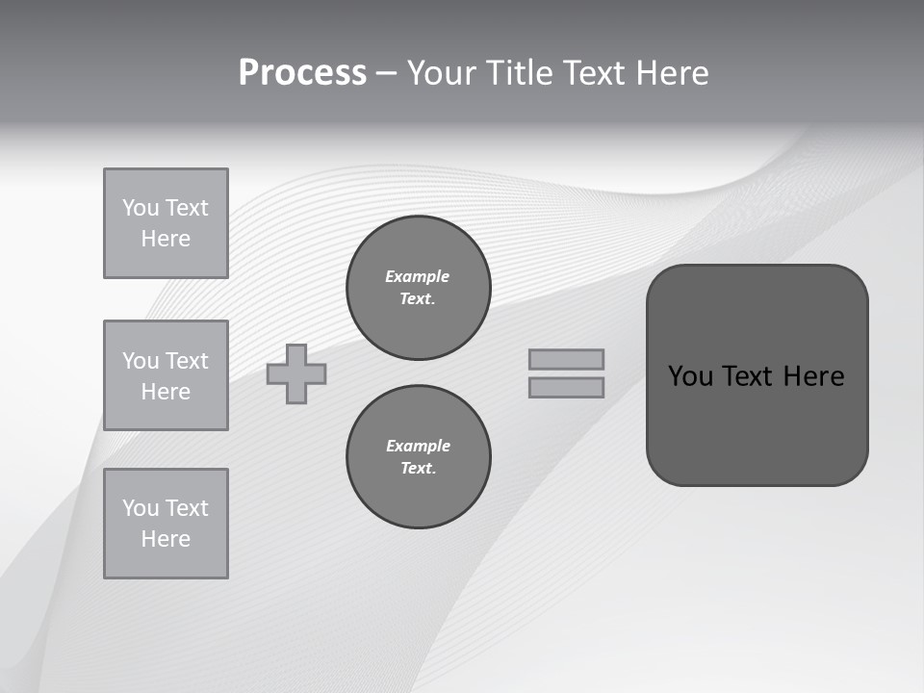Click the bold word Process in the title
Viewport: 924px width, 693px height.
(x=302, y=73)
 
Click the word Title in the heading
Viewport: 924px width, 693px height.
(x=518, y=73)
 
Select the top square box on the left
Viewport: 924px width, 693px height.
(x=166, y=223)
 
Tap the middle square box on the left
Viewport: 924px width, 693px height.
(x=166, y=375)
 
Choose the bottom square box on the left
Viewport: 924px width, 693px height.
(x=166, y=524)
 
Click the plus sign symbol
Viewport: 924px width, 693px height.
(x=296, y=373)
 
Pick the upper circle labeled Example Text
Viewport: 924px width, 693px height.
(x=419, y=288)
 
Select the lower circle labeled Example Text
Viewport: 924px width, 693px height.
(x=419, y=457)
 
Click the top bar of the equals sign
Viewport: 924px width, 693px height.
(x=566, y=359)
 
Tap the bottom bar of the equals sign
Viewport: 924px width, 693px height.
(x=566, y=387)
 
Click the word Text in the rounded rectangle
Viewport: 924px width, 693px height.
(x=749, y=376)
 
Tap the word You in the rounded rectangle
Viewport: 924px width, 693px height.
(x=690, y=376)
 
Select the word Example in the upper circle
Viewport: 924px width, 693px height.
(x=417, y=276)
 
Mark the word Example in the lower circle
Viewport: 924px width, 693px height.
(x=418, y=446)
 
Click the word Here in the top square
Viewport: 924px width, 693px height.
(x=166, y=239)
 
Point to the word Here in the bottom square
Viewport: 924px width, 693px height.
(x=166, y=539)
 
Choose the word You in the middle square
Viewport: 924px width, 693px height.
(x=139, y=361)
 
